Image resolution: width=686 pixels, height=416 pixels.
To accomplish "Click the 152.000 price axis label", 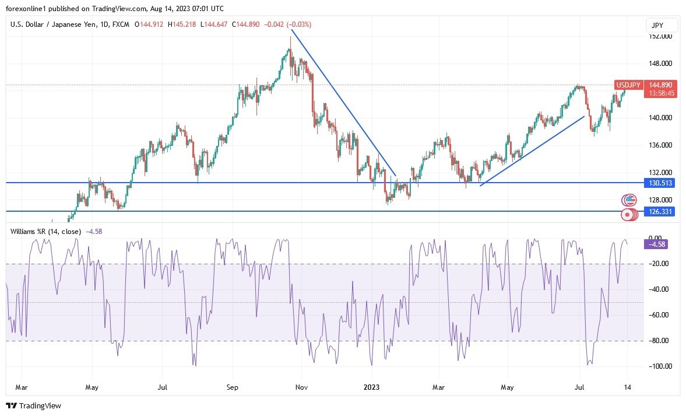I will [x=661, y=36].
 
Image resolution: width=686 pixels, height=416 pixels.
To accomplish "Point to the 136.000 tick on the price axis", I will [x=661, y=145].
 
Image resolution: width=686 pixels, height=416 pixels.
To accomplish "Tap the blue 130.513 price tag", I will [x=661, y=183].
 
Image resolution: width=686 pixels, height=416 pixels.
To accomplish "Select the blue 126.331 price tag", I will [x=661, y=211].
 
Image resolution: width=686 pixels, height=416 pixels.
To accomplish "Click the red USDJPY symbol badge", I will [x=629, y=85].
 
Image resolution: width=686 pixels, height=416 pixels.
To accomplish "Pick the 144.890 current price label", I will [x=661, y=85].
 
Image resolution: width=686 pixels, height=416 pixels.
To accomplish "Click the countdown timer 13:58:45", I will [x=661, y=93].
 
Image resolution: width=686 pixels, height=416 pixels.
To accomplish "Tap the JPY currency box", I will [x=662, y=25].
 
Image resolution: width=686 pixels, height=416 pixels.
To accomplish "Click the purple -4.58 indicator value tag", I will [x=656, y=244].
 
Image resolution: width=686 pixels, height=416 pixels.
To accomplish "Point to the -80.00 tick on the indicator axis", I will [x=657, y=341].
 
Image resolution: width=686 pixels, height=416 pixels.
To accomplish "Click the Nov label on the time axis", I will [x=301, y=387].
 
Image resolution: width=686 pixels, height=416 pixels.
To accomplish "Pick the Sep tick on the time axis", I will [x=232, y=387].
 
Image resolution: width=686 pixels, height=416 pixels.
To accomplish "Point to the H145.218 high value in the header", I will [x=183, y=25].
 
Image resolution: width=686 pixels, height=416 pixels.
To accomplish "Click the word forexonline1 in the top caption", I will [x=26, y=8].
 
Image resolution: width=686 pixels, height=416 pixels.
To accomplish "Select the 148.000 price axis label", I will [x=661, y=64].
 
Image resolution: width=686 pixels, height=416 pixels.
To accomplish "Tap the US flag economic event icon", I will [x=629, y=200].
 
